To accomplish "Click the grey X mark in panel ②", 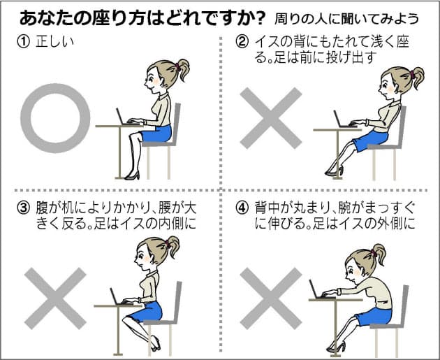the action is pos(271,118).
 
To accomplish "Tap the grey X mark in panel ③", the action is pos(55,298).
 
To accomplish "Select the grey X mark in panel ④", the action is pos(271,298).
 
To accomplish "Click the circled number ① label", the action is pos(23,42).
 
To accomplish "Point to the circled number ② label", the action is pos(242,42).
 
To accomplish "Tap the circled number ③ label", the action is pos(23,208).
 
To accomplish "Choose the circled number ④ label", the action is pos(242,208).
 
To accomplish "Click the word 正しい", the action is pos(55,42).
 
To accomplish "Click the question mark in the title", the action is pos(260,19).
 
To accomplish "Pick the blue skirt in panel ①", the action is pos(156,134).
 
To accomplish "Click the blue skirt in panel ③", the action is pos(147,312).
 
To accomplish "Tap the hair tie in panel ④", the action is pos(374,253).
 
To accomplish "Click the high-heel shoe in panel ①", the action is pos(132,175).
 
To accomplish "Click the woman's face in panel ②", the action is pos(386,87).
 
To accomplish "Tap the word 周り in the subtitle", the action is pos(284,19).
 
